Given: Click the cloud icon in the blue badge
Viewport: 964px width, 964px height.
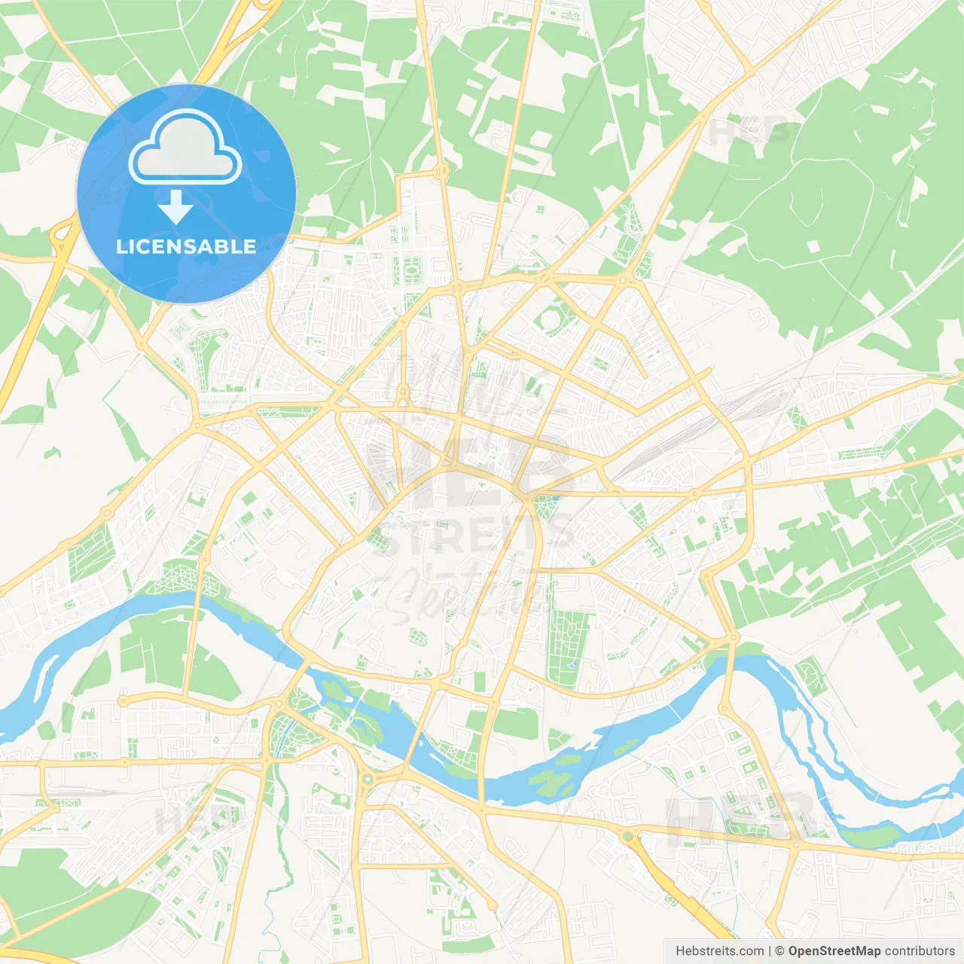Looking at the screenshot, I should click(185, 148).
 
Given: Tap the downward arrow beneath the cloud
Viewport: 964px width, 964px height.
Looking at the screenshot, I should click(175, 207).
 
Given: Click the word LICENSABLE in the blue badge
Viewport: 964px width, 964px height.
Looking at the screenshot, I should click(185, 246).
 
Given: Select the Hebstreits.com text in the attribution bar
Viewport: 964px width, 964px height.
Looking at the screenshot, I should click(719, 951).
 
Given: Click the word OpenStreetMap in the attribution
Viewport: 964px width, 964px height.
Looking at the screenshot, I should click(834, 951).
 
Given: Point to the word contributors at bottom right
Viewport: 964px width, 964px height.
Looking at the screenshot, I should click(920, 951).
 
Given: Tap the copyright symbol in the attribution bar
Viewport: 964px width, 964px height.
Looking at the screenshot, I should click(780, 951).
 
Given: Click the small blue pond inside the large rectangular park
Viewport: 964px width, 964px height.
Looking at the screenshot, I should click(571, 664).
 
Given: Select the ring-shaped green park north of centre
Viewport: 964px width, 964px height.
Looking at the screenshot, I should click(551, 320).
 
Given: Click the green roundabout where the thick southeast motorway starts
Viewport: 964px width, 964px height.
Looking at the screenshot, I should click(627, 836).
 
